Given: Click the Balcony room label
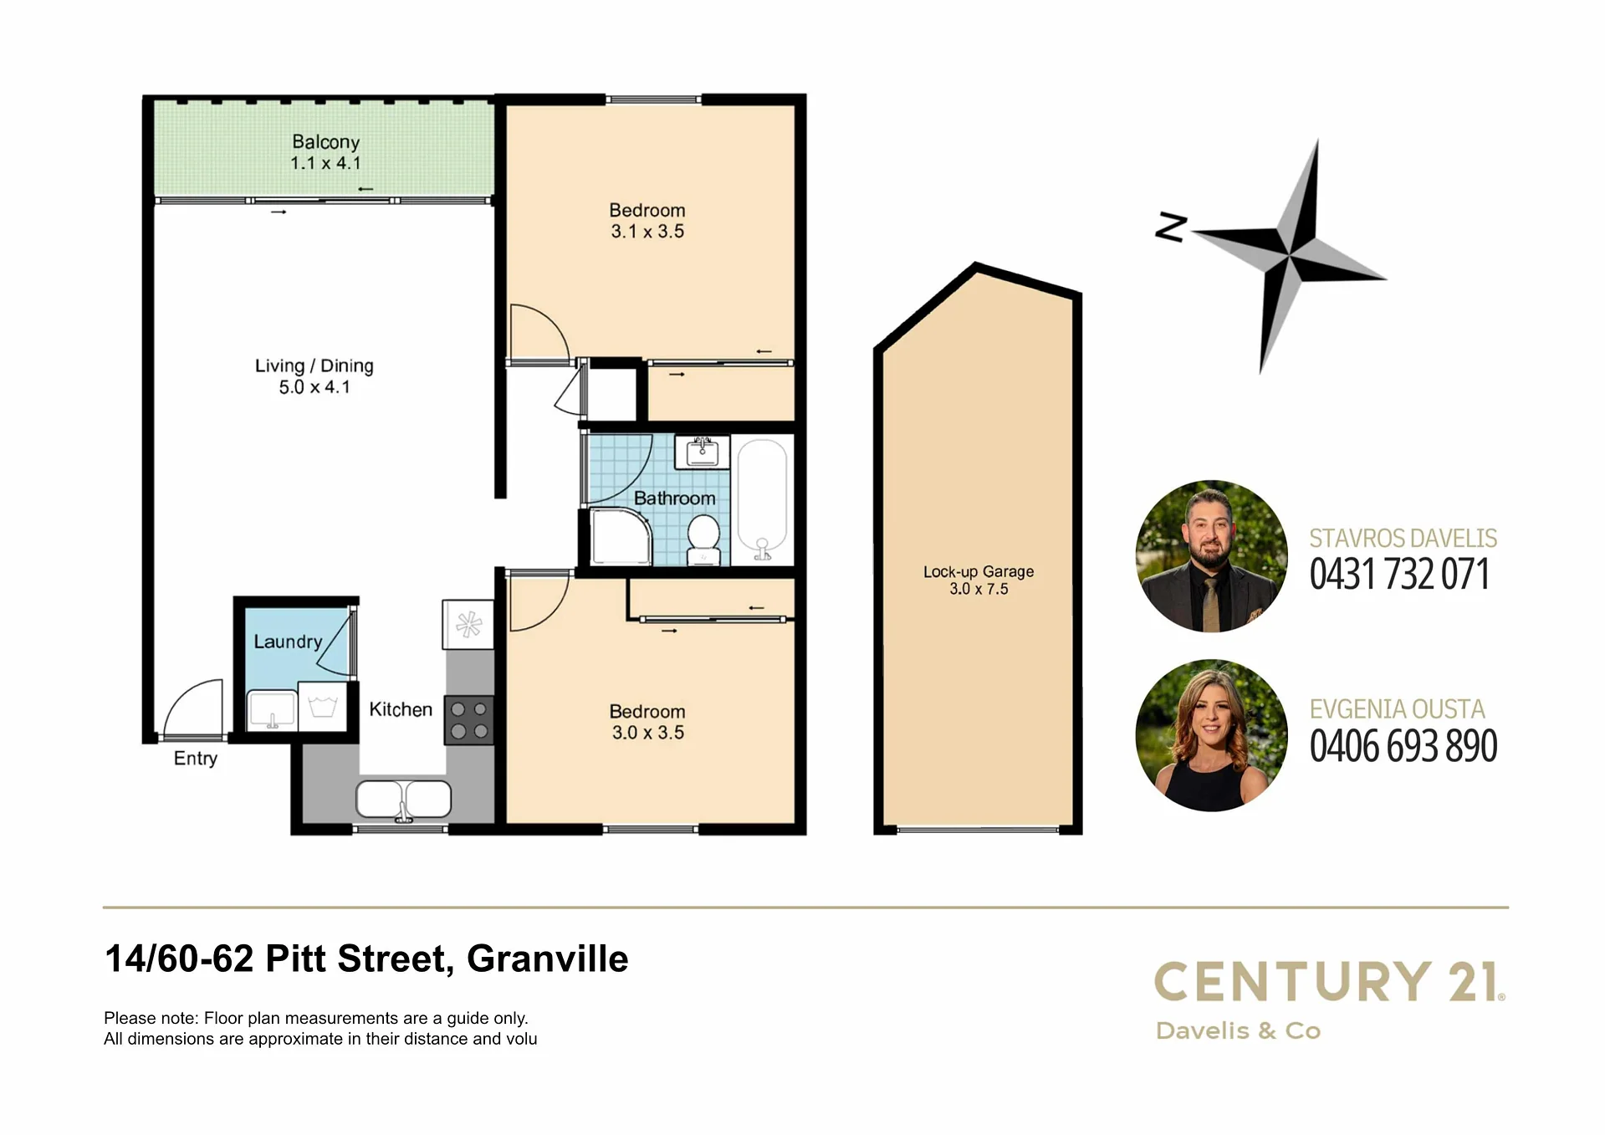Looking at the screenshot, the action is tap(325, 142).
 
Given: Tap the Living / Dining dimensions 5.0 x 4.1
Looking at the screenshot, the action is tap(314, 387).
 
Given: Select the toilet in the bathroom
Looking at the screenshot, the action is tap(703, 539).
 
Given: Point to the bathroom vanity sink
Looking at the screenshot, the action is tap(702, 452).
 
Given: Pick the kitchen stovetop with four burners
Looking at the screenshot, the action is tap(469, 720).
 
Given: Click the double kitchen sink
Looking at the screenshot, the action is tap(403, 800).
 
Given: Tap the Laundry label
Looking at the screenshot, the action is tap(288, 642).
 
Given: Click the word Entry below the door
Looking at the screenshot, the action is tap(196, 759).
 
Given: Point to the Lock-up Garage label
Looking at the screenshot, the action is tap(979, 572).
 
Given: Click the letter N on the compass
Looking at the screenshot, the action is tap(1171, 227).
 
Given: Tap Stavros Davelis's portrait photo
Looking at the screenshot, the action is tap(1212, 556).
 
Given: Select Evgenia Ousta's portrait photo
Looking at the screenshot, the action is tap(1212, 735).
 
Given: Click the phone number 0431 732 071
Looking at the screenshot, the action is tap(1399, 575).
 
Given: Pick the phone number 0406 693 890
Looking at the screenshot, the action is tap(1403, 746).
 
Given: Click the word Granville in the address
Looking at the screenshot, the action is tap(547, 959).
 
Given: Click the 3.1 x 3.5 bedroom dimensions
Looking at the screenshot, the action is tap(647, 232).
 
